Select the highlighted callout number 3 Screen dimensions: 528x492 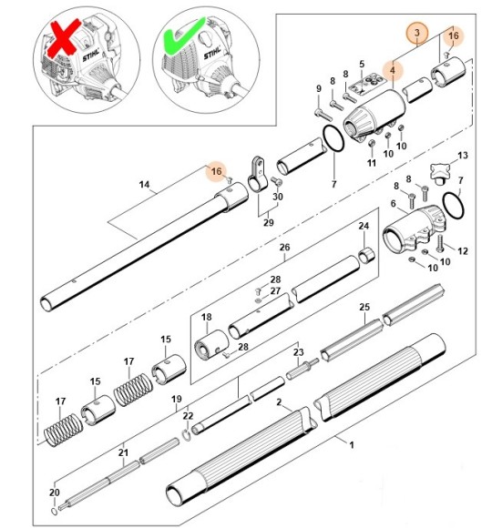[416, 35]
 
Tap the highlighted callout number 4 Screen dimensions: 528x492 [394, 69]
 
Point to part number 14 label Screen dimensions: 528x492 [144, 185]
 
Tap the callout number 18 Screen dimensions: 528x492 [206, 318]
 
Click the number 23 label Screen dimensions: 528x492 [297, 352]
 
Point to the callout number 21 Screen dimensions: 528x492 [124, 449]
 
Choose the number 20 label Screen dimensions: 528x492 [54, 492]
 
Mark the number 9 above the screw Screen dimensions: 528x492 [318, 88]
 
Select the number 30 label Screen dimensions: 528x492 [279, 197]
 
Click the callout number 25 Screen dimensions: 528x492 [364, 308]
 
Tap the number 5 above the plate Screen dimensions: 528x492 [362, 64]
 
